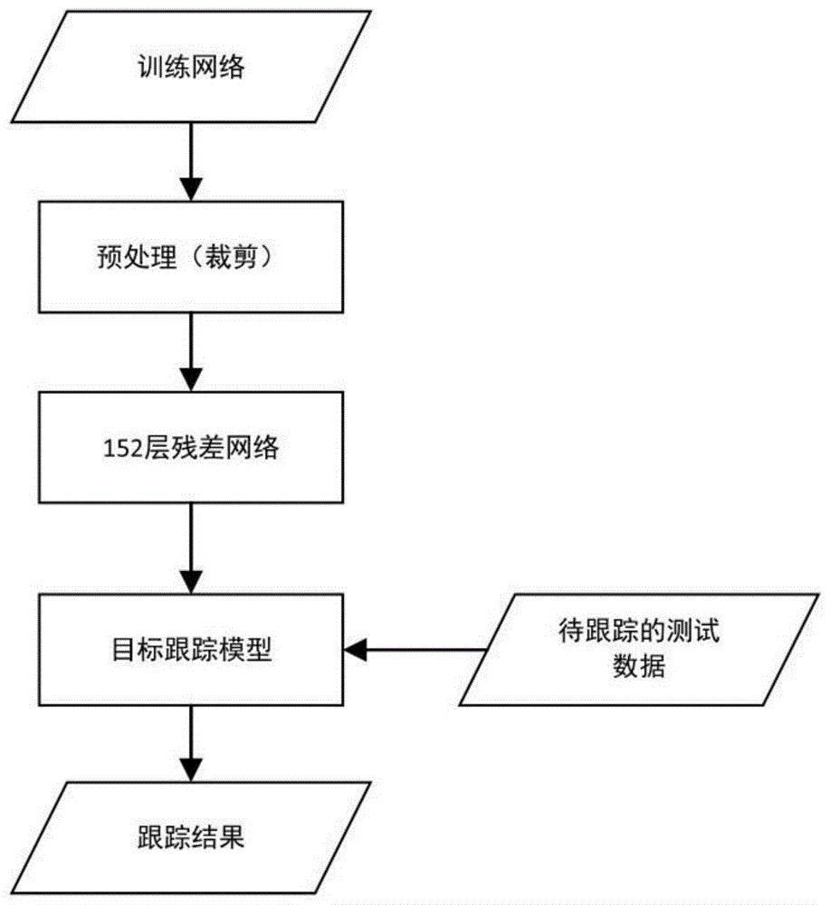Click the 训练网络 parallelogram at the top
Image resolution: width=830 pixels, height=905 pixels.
[190, 68]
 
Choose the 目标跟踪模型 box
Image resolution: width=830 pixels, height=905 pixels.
[190, 648]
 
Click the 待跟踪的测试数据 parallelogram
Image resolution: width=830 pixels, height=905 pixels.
[638, 648]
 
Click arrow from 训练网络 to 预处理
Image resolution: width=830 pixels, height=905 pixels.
[190, 163]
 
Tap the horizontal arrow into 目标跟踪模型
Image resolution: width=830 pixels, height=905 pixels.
[416, 648]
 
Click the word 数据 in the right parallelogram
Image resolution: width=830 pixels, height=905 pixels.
[638, 668]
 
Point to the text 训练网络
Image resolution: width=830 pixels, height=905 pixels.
[190, 68]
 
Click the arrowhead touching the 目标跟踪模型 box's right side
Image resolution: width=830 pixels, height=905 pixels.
[354, 648]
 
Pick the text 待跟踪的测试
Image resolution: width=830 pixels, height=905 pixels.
[638, 632]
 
